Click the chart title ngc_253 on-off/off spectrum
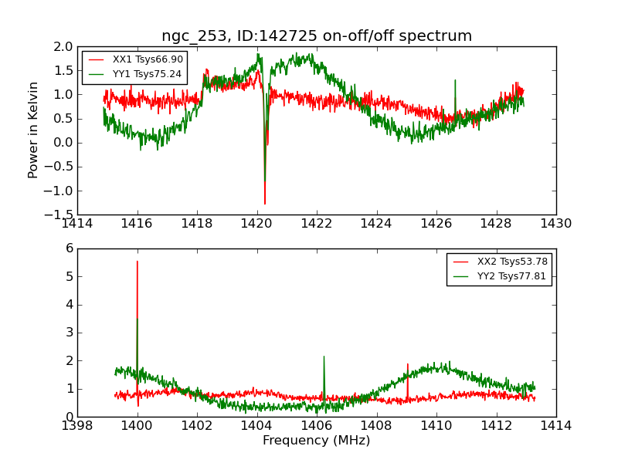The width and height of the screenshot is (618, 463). point(317,36)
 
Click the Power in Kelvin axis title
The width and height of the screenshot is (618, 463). point(33,130)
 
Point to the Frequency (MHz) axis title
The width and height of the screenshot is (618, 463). point(317,441)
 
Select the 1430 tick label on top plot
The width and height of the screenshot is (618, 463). point(556,224)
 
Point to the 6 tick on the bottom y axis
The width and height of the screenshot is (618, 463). point(69,248)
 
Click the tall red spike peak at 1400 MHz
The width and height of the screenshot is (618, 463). point(138,261)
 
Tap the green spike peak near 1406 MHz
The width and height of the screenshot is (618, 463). point(324,357)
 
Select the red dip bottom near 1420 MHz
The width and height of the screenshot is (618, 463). point(265,204)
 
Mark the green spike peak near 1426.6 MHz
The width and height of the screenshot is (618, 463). point(455,80)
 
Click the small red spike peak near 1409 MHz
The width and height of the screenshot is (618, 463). point(407,364)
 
